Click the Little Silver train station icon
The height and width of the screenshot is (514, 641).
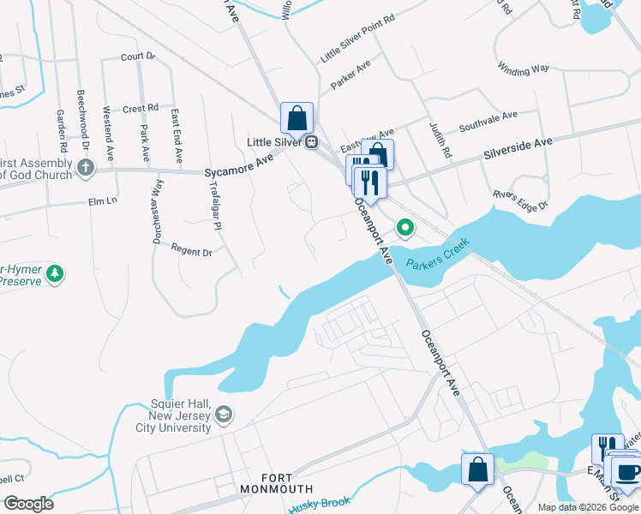click(313, 142)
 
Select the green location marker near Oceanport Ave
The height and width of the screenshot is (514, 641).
click(404, 228)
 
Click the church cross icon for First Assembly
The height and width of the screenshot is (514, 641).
click(85, 168)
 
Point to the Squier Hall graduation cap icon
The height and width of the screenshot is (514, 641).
click(224, 415)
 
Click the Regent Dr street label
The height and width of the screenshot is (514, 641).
click(192, 252)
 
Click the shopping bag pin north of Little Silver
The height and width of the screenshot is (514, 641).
click(297, 117)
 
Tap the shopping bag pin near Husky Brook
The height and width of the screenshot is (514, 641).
click(477, 469)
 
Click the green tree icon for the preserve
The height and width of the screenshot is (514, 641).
click(56, 274)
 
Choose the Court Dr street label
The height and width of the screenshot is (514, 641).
click(138, 57)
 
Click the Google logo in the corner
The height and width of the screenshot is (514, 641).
click(29, 504)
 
